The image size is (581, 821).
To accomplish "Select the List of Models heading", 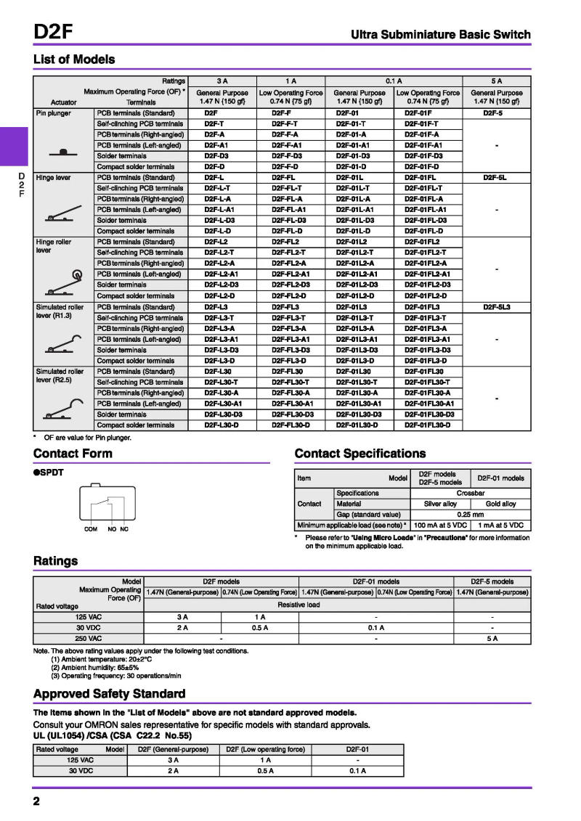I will (x=73, y=60).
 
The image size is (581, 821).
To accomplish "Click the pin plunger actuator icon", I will (x=63, y=152).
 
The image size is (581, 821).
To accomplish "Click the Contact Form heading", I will (x=73, y=454).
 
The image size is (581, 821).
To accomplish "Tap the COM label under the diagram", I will (x=91, y=529).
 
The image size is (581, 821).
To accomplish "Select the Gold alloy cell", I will (x=500, y=504).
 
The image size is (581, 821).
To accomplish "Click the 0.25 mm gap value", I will (x=470, y=515).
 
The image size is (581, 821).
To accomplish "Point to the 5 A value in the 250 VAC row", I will (x=492, y=639).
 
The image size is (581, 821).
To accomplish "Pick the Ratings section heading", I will (x=55, y=560).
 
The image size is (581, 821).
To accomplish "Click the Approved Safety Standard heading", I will (x=109, y=693).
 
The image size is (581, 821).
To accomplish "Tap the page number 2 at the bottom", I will (x=36, y=801).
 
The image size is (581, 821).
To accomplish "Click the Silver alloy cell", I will (x=440, y=504).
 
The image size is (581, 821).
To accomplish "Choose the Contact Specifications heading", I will (x=360, y=454).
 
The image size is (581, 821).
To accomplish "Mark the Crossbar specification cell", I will (x=470, y=493).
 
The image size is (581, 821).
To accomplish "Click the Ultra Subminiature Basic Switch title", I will (x=441, y=35).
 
